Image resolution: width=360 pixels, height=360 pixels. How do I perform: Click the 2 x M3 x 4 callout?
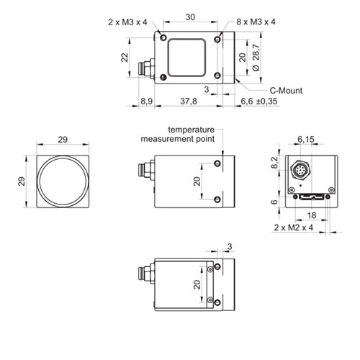tap(127, 22)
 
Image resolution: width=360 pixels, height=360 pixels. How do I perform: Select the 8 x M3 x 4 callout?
tap(256, 22)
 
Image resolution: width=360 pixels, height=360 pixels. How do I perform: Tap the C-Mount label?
tap(286, 91)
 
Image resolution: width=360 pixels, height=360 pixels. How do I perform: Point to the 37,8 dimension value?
tap(189, 102)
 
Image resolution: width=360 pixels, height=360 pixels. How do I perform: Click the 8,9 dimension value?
tap(146, 102)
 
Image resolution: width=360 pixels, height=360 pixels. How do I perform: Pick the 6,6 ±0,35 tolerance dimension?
tap(259, 102)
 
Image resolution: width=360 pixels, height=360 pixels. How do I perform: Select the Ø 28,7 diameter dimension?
tap(256, 58)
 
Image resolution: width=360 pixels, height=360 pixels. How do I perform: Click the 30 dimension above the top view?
tap(190, 17)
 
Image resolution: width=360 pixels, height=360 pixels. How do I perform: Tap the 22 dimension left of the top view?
tap(125, 58)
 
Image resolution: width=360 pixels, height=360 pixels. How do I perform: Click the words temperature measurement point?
tap(178, 134)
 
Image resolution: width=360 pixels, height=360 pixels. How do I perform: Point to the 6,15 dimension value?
tap(306, 139)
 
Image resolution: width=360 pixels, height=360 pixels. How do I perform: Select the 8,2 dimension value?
tap(274, 163)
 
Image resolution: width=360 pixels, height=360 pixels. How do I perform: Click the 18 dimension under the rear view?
tap(312, 215)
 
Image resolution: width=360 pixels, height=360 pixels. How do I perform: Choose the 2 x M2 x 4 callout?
tap(294, 228)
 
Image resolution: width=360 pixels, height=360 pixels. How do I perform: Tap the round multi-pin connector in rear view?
tap(301, 170)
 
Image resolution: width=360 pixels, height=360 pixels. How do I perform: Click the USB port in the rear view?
tap(311, 197)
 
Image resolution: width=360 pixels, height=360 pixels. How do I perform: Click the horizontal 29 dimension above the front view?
tap(63, 140)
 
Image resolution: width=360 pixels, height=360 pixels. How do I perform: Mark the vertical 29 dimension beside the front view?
tap(22, 181)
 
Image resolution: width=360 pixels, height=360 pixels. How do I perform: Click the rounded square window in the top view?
tap(186, 58)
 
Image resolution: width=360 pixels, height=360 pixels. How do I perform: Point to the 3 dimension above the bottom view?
tap(230, 246)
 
